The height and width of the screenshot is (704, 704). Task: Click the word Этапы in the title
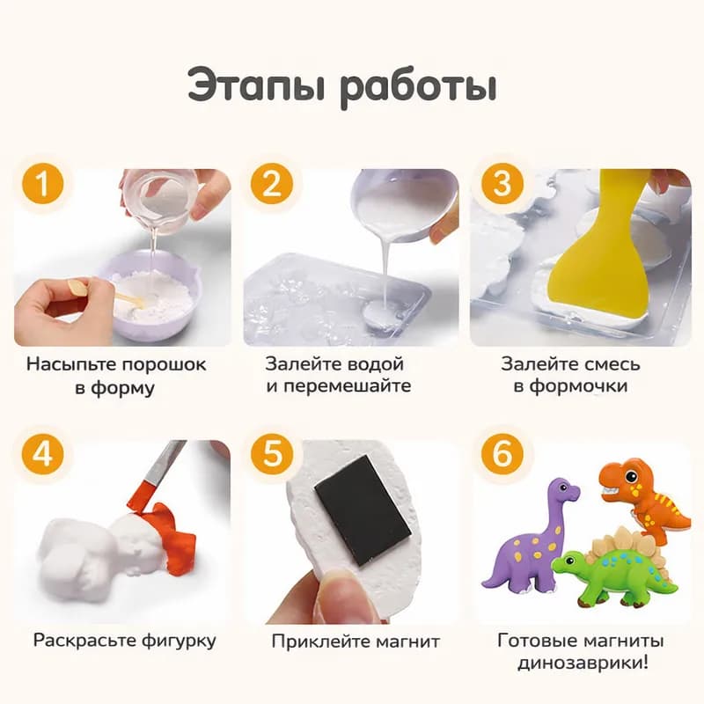(254, 90)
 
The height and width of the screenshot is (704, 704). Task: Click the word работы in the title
(419, 90)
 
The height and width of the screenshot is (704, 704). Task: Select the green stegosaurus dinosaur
(616, 568)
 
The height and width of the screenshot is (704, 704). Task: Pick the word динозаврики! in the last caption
(581, 662)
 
